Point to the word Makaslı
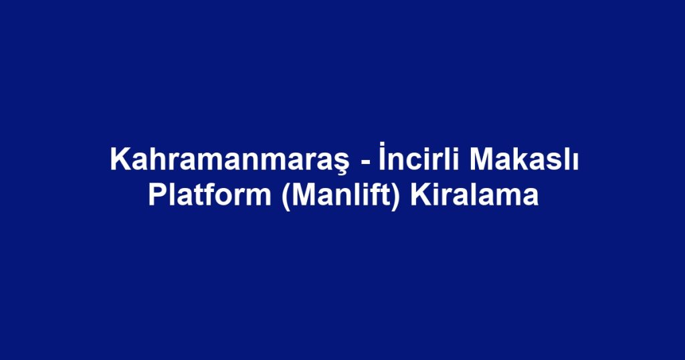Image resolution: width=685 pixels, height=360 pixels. point(524,159)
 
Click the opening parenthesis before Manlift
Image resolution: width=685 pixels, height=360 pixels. point(286,197)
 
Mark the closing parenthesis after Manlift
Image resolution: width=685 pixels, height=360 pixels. point(397,197)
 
